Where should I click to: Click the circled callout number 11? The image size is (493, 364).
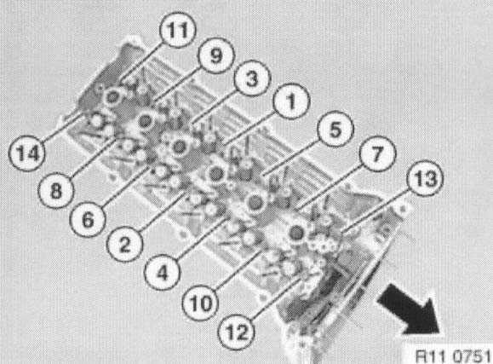178,30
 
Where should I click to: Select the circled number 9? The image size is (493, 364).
216,55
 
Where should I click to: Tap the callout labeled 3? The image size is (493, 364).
252,78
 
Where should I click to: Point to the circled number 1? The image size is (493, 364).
291,101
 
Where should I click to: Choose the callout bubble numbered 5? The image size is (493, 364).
335,129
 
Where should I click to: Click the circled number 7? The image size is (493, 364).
377,153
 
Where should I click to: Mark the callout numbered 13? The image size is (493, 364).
425,178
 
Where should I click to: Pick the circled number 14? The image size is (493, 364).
26,153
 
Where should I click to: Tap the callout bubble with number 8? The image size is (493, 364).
56,190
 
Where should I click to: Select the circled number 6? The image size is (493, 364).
88,219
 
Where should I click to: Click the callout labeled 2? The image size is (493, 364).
125,244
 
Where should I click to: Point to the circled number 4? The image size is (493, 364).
163,272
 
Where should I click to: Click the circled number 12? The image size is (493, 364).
237,332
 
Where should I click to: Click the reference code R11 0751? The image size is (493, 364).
453,355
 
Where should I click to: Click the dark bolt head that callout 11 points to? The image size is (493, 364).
112,97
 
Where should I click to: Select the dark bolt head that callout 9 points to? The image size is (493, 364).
145,120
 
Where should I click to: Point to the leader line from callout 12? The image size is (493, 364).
276,297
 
